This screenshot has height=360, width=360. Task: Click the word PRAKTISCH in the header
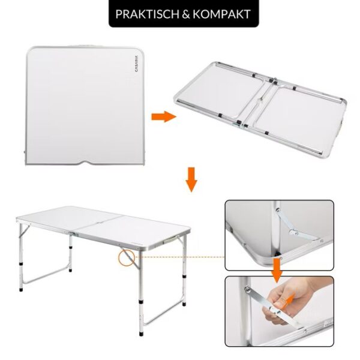click(x=147, y=14)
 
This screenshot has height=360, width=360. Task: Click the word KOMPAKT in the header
click(x=221, y=14)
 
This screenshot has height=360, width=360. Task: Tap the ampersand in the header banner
click(x=186, y=14)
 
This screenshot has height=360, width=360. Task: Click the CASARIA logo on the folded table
click(x=136, y=64)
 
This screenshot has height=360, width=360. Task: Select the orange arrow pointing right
click(x=163, y=116)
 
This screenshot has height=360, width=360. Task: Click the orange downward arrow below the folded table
click(x=191, y=179)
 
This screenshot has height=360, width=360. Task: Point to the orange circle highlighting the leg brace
click(x=126, y=257)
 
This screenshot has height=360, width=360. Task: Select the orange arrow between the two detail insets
click(x=277, y=270)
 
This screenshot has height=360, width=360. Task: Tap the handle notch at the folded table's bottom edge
click(x=86, y=163)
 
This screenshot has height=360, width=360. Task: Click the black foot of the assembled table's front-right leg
click(x=141, y=334)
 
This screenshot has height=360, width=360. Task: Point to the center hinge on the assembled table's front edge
click(x=74, y=234)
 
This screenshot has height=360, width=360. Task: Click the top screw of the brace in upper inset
click(x=278, y=209)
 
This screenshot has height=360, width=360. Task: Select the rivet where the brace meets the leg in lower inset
click(x=247, y=289)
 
